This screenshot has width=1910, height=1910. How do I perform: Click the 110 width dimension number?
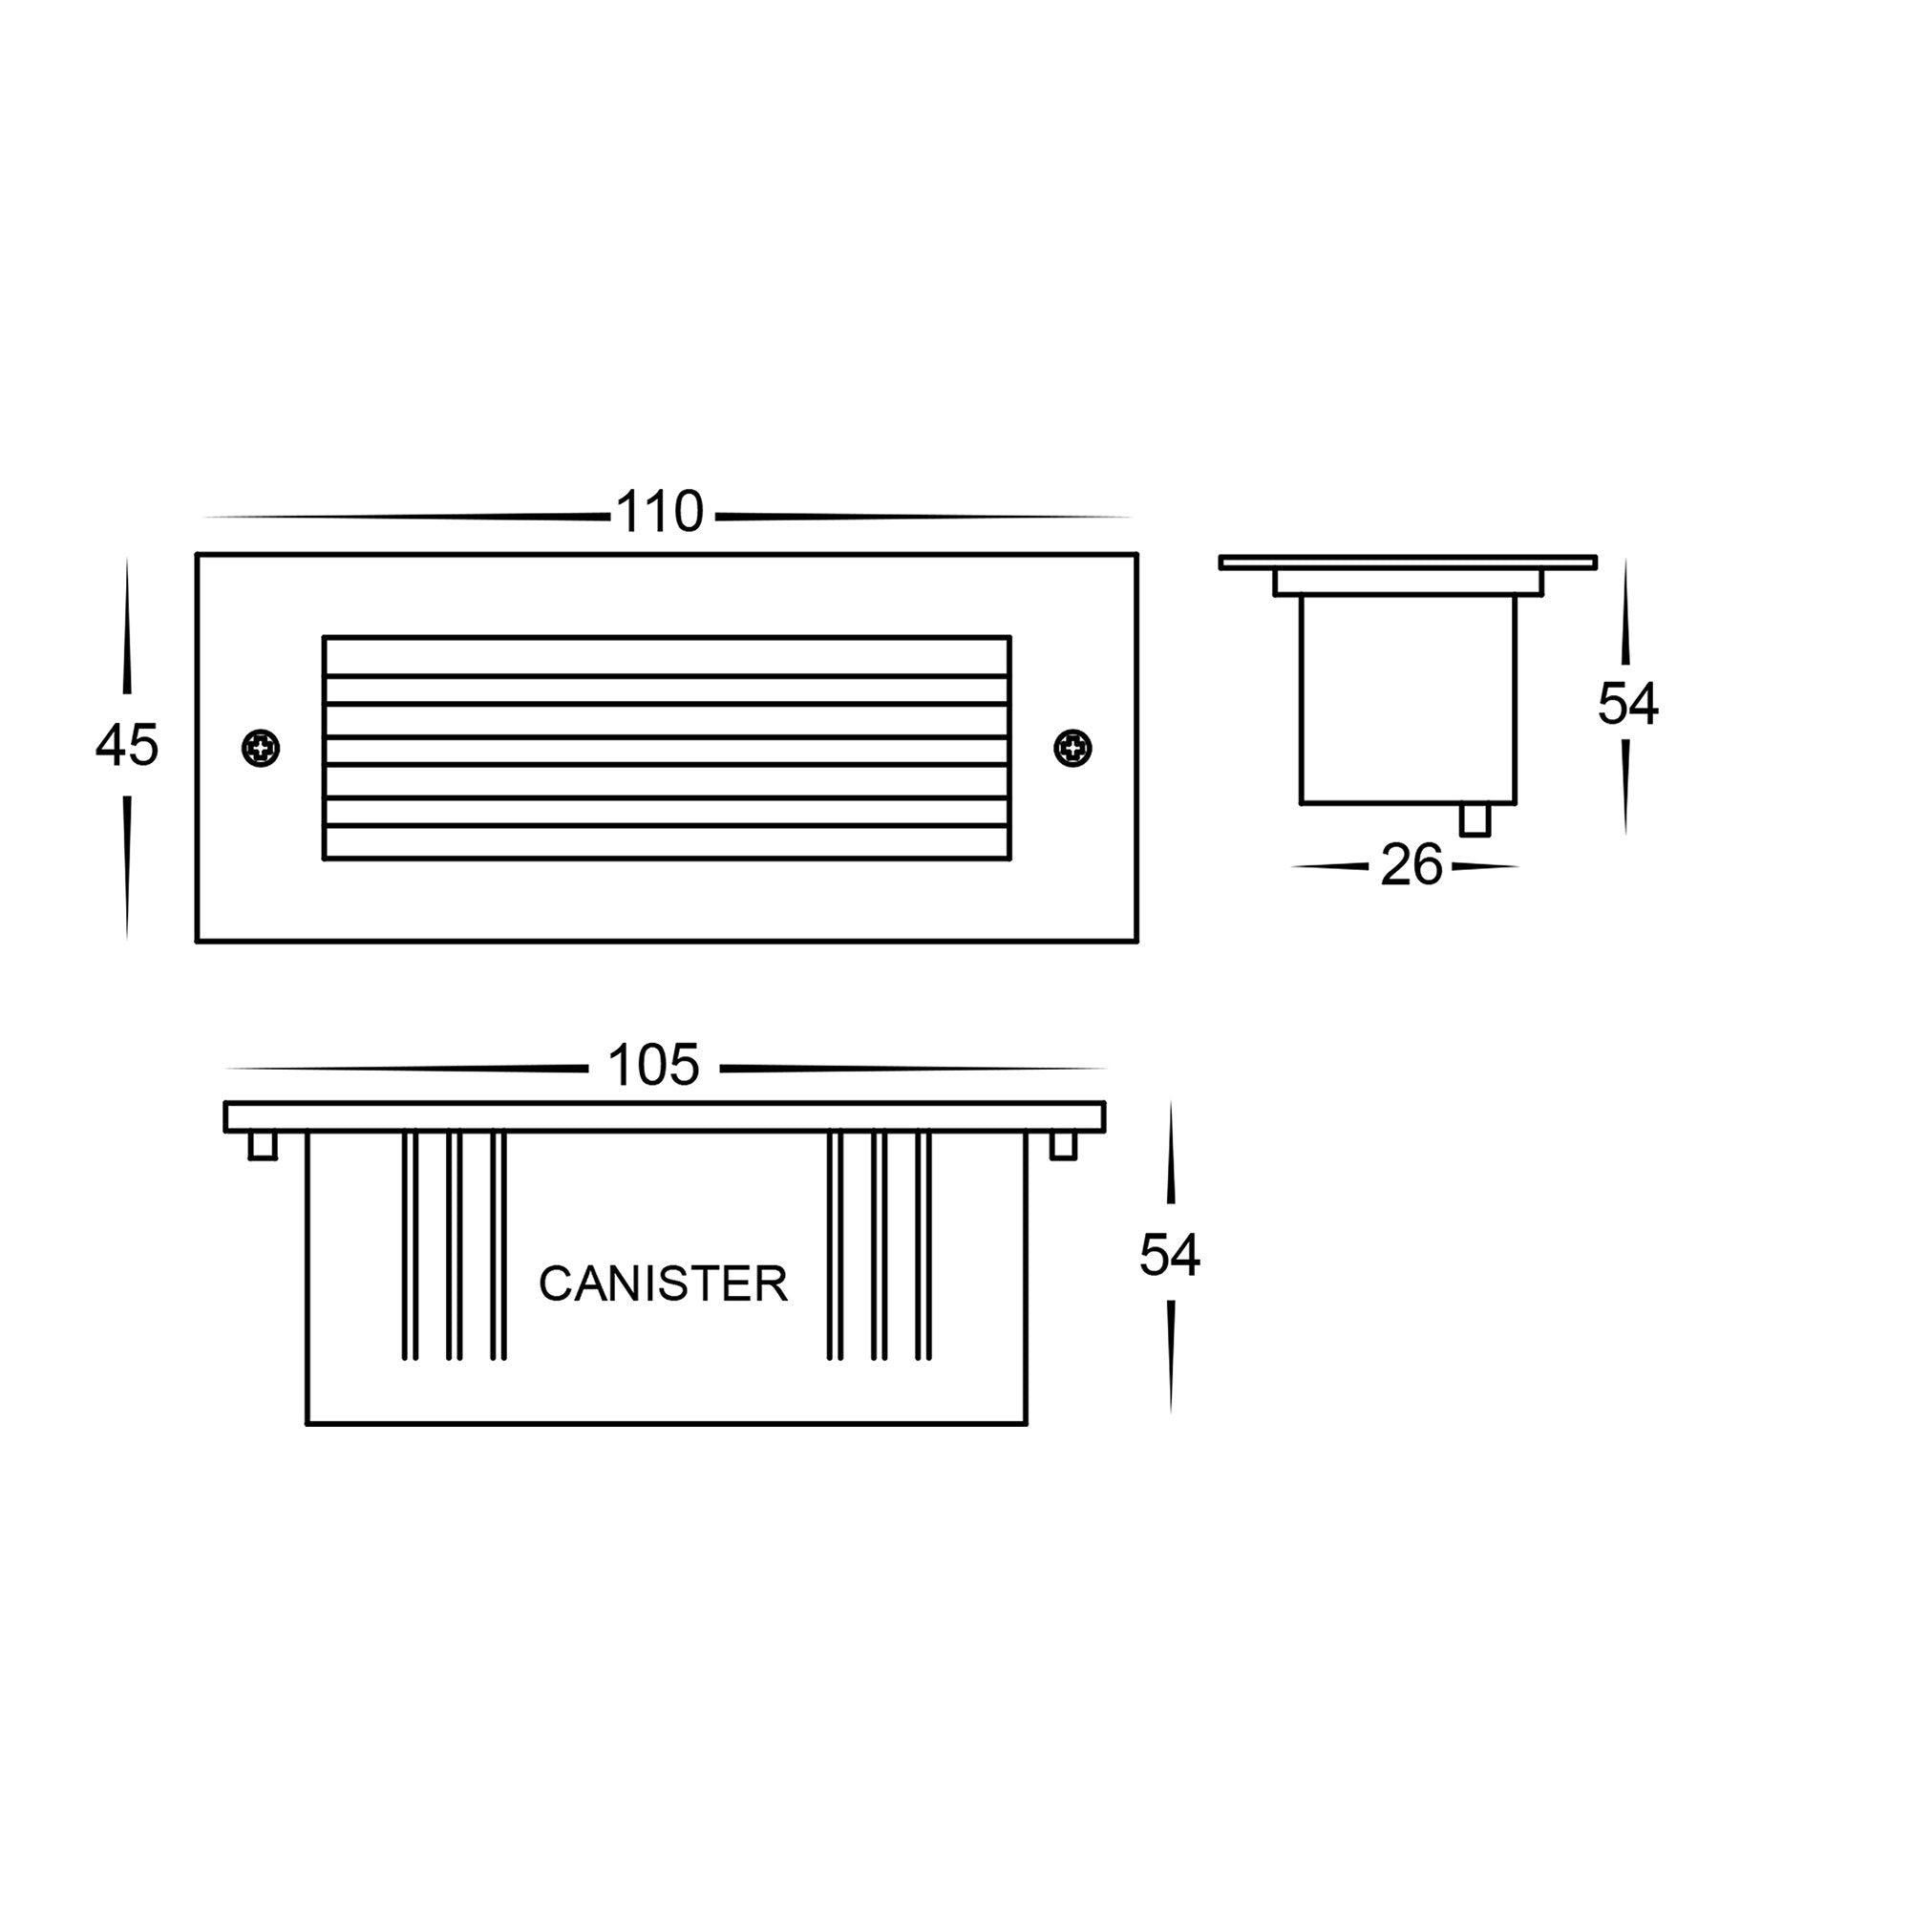coord(658,512)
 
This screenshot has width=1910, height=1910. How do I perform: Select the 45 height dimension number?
coord(127,745)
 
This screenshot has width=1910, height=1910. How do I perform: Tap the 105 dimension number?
coord(653,1065)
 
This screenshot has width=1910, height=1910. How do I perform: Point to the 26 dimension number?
coord(1411,865)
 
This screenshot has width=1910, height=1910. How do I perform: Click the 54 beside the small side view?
coord(1627,704)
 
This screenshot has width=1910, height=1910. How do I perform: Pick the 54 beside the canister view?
coord(1170,1255)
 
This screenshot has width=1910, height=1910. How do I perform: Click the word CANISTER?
coord(663,1284)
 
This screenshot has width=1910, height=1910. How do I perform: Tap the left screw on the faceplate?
coord(261,749)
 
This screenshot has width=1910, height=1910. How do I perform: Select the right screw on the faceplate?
coord(1072,749)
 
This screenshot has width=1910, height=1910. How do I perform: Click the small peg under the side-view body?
coord(1474,819)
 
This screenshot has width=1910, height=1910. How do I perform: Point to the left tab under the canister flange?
coord(262,1145)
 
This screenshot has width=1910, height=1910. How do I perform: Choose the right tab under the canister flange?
coord(1063,1145)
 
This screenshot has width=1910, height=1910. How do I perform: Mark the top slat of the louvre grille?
coord(667,656)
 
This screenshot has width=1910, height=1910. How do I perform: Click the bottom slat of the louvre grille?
coord(667,842)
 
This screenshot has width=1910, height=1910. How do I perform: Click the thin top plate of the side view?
coord(1407,562)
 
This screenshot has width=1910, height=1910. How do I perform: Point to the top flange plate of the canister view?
coord(665,1116)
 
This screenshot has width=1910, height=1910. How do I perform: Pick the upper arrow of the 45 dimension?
coord(127,633)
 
